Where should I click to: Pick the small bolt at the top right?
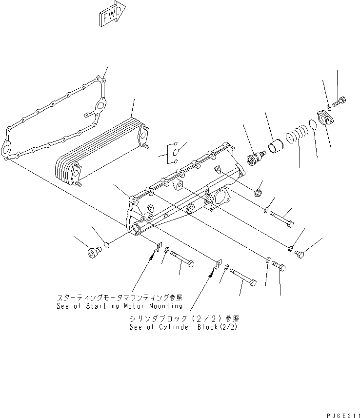tap(340, 102)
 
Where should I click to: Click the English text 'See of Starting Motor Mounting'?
tap(120, 306)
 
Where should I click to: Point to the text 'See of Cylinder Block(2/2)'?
tap(184, 327)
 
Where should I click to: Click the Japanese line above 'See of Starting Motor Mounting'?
tap(120, 297)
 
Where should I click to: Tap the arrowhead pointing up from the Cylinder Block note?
tap(211, 272)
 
